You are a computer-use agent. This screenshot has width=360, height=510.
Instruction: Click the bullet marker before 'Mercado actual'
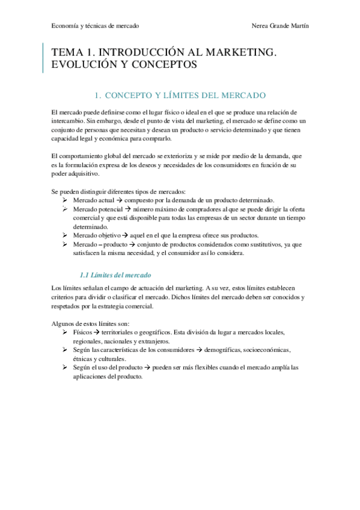pyautogui.click(x=66, y=200)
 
